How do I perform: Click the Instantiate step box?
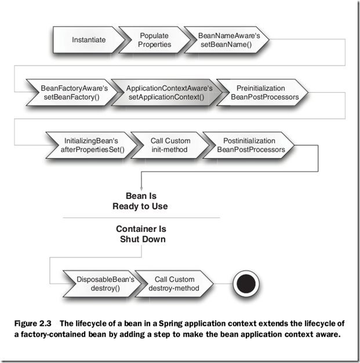tap(89, 40)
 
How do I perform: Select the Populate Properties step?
tap(154, 40)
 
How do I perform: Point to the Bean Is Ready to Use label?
tap(141, 201)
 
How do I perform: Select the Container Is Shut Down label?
tap(141, 234)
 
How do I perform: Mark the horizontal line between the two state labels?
tap(141, 217)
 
